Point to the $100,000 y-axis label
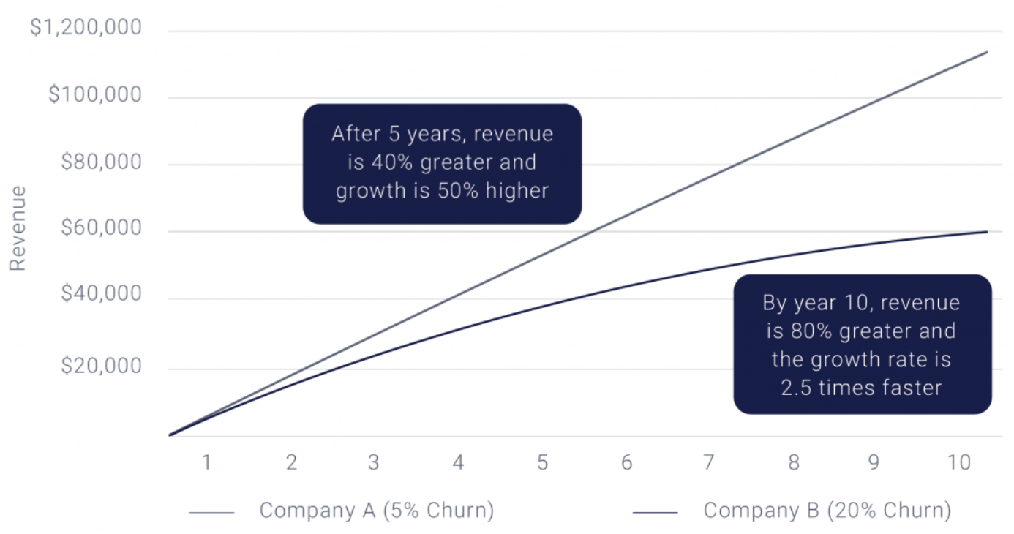click(94, 95)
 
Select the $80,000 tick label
click(101, 162)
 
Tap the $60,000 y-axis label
click(101, 228)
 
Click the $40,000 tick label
click(101, 294)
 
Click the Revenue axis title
click(18, 228)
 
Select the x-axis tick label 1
click(207, 462)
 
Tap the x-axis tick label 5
click(542, 462)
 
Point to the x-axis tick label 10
click(958, 462)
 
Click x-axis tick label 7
click(708, 462)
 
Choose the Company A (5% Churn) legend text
click(377, 511)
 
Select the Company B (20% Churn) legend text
click(827, 511)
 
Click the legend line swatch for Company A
click(211, 513)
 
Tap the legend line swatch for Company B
click(656, 513)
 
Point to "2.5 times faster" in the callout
click(860, 388)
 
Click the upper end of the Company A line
click(987, 52)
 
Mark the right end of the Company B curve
click(987, 232)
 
